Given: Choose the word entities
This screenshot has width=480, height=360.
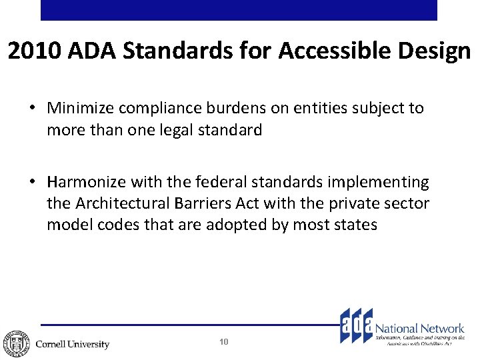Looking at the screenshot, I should tap(312, 109).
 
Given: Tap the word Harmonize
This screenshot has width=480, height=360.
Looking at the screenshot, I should tap(85, 182).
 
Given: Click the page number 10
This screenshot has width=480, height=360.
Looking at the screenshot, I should tap(223, 342).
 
